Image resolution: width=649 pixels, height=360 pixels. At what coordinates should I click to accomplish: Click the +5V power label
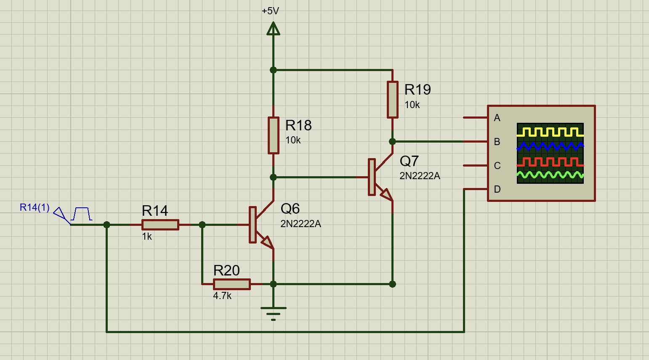pos(270,11)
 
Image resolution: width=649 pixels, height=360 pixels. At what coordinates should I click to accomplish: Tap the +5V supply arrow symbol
pos(273,29)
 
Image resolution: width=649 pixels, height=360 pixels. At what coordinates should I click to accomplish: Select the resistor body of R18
pos(273,135)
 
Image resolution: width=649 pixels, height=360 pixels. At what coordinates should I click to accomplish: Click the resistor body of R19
pos(393,100)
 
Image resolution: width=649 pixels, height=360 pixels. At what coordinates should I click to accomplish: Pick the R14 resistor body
pos(160,225)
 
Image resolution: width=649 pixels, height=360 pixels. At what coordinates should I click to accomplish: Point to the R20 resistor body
pos(232,284)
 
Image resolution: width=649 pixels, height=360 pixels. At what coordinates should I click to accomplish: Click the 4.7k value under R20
pos(222,296)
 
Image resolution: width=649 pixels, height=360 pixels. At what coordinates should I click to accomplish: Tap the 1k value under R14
pos(147,237)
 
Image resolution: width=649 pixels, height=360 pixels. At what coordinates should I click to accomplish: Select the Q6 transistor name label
pos(290,209)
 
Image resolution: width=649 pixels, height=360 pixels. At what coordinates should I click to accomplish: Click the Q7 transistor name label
pos(409,161)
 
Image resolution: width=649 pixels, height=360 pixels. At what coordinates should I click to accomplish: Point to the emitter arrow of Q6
pos(268,242)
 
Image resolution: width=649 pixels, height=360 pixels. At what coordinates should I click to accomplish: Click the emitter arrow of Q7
pos(387,195)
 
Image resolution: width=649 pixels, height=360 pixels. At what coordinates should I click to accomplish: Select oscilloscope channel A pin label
pos(497,118)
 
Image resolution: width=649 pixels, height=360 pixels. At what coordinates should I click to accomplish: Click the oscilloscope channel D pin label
pos(497,189)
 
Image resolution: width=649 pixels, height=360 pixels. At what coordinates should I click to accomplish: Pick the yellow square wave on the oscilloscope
pos(550,132)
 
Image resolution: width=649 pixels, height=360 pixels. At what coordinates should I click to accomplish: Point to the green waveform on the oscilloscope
pos(550,175)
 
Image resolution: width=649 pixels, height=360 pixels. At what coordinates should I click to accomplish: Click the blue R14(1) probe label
pos(35,207)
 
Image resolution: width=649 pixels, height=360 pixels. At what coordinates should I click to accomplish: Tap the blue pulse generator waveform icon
pos(81,214)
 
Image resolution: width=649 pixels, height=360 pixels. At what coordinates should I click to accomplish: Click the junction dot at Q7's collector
pos(392,142)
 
